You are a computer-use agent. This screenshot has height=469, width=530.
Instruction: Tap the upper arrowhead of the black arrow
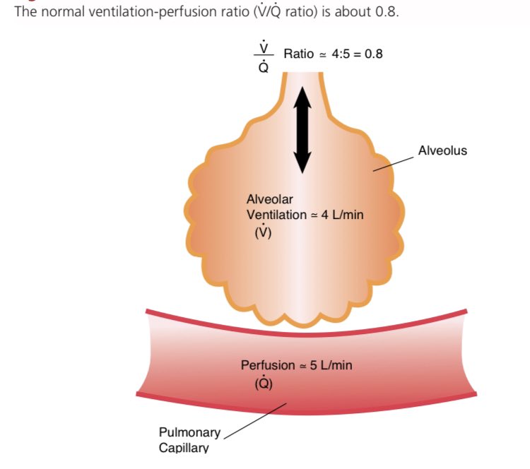point(302,95)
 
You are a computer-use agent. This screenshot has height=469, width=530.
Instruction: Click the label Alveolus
point(442,150)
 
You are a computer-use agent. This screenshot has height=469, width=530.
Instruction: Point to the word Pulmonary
point(189,432)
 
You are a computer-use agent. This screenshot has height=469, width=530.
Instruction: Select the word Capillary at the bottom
point(184,446)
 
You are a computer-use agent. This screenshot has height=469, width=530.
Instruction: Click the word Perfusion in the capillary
point(268,365)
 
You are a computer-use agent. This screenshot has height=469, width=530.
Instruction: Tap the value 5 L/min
point(331,365)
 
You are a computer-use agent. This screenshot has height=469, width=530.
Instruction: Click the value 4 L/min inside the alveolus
point(343,214)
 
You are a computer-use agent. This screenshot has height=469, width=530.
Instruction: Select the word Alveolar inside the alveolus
point(264,200)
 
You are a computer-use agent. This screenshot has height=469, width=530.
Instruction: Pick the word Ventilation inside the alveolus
point(273,214)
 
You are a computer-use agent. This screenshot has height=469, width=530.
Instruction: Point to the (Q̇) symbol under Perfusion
point(263,384)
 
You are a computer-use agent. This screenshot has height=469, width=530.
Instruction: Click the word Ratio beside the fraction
point(298,54)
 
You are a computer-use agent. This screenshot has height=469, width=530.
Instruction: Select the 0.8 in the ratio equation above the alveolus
point(374,54)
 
